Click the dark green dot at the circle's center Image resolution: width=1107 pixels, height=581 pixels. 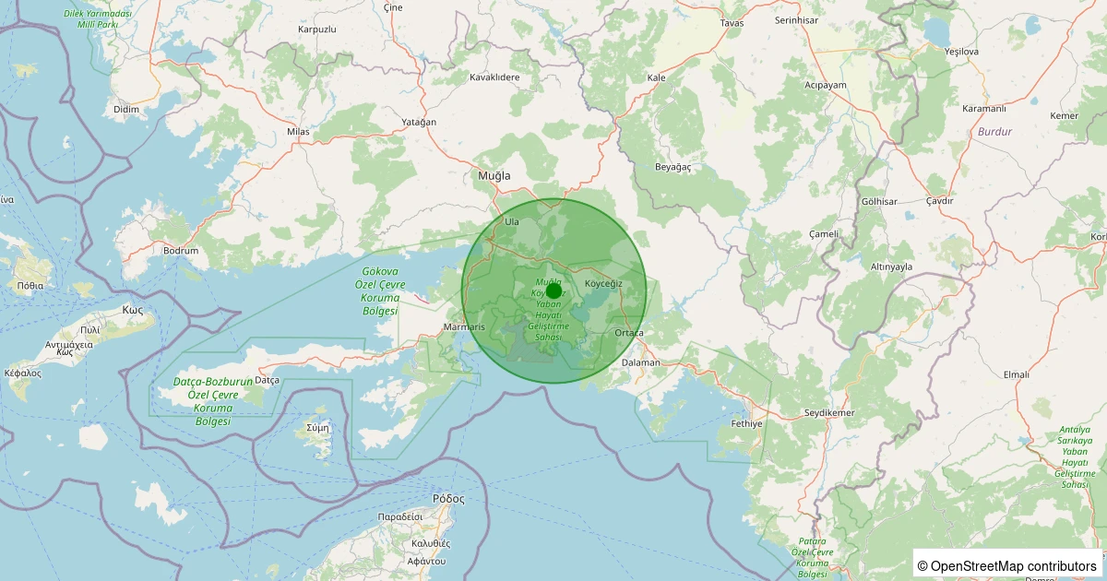(x=553, y=290)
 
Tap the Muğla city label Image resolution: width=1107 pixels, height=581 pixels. (x=494, y=175)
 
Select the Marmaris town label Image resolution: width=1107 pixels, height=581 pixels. (x=464, y=327)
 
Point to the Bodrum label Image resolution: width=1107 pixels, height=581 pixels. (x=180, y=251)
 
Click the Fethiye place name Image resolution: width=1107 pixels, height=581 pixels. (x=746, y=424)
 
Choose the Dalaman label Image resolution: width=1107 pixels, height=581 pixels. (x=641, y=362)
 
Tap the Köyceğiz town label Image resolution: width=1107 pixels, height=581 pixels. (x=604, y=283)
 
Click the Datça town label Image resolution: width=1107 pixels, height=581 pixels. (x=267, y=380)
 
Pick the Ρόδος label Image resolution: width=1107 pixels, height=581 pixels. (x=448, y=498)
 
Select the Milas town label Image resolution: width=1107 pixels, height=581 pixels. (x=298, y=132)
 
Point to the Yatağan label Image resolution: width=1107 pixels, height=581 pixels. (x=419, y=122)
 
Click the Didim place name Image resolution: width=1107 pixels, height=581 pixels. (x=125, y=109)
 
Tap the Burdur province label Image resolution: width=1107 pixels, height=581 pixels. (x=994, y=132)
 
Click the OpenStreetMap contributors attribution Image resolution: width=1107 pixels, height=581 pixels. (x=1007, y=565)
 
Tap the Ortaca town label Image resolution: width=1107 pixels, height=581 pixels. (x=628, y=333)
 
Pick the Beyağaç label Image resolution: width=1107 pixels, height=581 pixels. (x=673, y=167)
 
